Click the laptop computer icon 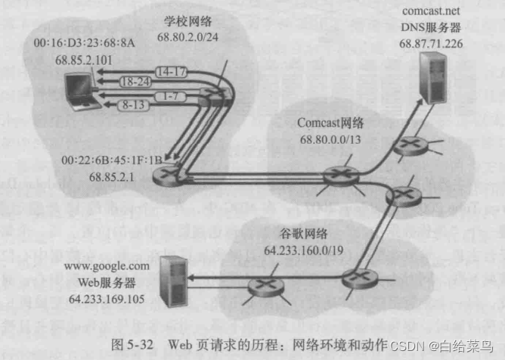point(77,89)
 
